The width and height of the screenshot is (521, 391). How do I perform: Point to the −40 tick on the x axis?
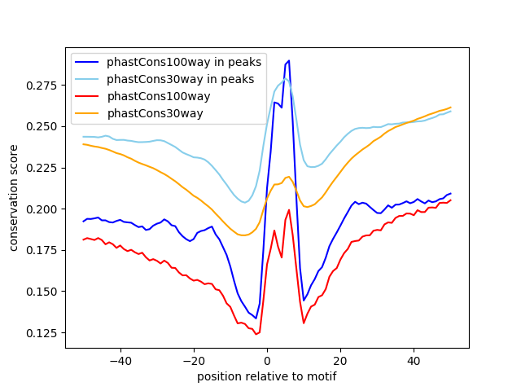pos(120,360)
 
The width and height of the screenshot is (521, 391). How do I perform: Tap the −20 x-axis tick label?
pos(193,360)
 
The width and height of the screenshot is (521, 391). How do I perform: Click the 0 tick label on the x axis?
pos(267,360)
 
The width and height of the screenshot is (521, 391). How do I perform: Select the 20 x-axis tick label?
pos(340,360)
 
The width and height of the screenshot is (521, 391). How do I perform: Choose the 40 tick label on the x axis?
pos(414,360)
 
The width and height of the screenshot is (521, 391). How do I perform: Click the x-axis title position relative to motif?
pos(266,376)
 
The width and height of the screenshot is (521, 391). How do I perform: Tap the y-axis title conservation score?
pos(14,198)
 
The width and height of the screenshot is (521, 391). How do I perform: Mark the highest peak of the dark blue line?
pos(289,61)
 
